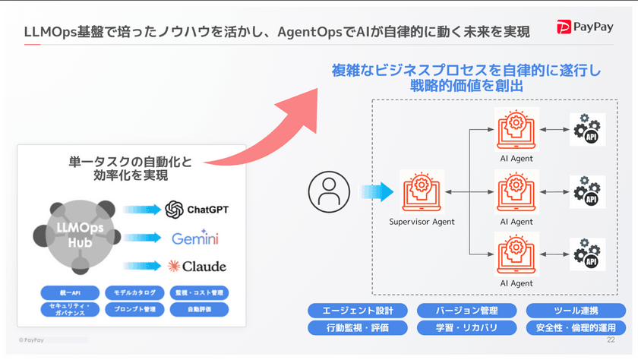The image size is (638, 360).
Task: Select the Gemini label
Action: coord(195,238)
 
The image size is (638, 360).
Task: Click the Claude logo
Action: coord(197,266)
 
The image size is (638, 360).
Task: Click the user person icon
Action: coord(328,192)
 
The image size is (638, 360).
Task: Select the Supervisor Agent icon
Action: coord(422,190)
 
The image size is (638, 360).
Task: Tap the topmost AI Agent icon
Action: coord(516,129)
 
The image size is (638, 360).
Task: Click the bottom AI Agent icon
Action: coord(516,254)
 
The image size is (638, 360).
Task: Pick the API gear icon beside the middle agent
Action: coord(587,192)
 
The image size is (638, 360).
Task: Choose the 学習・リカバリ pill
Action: coord(466,328)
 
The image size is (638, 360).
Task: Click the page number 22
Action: coord(611,340)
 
